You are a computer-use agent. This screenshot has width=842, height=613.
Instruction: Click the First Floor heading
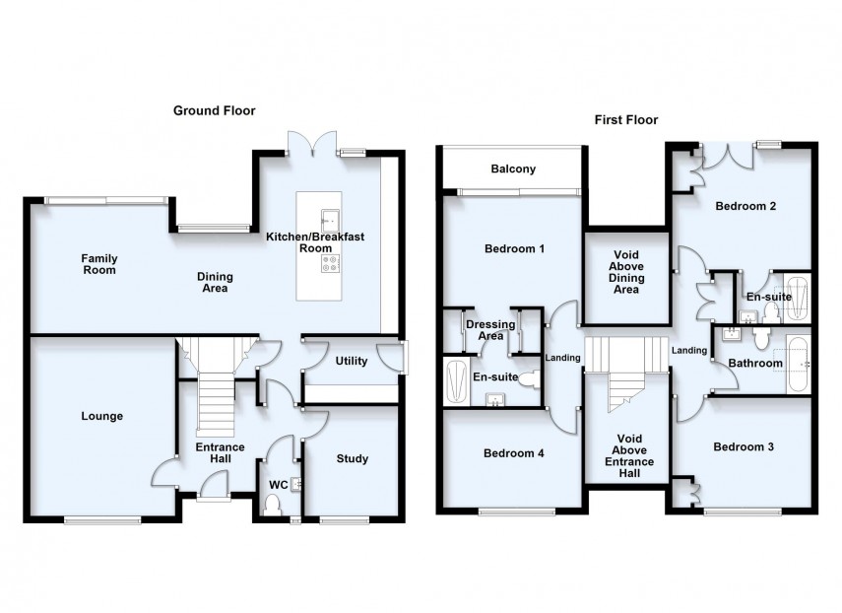tap(625, 120)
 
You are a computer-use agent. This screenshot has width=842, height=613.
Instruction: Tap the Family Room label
tap(98, 264)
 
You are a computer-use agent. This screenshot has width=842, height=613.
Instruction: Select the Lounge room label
tap(101, 416)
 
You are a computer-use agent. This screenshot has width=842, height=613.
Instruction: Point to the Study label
tap(352, 458)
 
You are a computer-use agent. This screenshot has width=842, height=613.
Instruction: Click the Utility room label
tap(351, 361)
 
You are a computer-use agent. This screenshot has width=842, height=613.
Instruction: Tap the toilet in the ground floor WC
tap(275, 504)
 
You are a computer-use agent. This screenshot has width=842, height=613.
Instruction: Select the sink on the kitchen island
tap(328, 218)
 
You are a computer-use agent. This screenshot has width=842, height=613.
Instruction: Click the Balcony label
tap(513, 170)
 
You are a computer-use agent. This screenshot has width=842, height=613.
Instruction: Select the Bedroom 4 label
tap(514, 453)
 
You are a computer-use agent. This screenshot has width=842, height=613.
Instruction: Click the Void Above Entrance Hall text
tap(627, 455)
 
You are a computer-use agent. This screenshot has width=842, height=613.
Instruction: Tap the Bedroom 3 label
tap(744, 446)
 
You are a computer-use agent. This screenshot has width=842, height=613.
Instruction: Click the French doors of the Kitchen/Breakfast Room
tap(312, 145)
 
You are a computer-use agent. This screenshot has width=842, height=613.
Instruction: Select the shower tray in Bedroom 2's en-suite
tap(797, 297)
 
